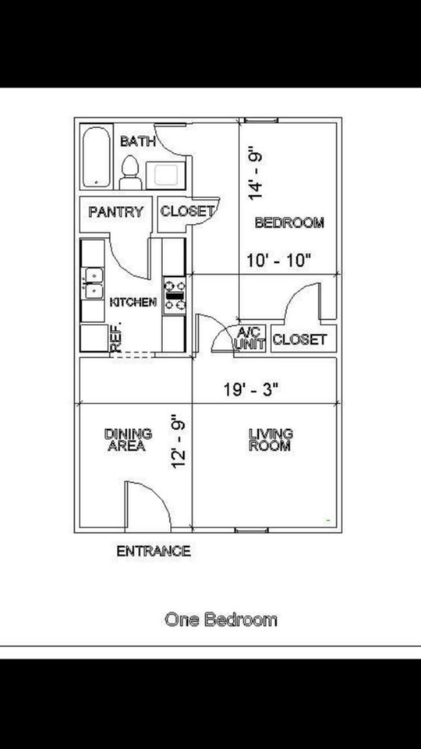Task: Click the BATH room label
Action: point(138,142)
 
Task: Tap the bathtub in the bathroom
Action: point(97,158)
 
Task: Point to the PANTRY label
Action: point(116,211)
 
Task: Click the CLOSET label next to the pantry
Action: point(187,211)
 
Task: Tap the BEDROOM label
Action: point(289,223)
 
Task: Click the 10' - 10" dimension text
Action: point(278,260)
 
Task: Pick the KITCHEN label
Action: point(133,302)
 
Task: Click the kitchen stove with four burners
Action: point(175,296)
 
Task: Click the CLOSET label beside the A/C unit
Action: point(299,339)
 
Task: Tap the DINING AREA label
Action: point(128,440)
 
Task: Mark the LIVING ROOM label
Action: point(270,440)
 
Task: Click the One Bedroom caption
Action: point(221,619)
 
